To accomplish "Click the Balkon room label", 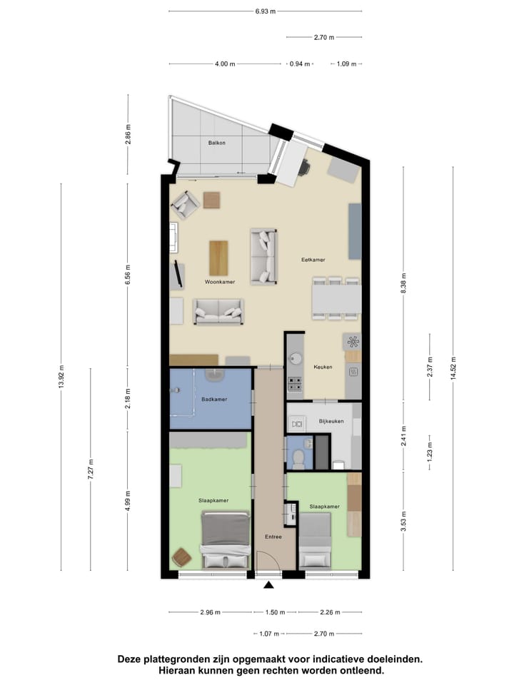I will [217, 143].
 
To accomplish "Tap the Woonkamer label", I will [220, 282].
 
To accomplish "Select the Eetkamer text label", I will [313, 260].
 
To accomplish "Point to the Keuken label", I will [323, 367].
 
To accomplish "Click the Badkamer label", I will [214, 399].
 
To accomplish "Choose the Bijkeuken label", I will [331, 421].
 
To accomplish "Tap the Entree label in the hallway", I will [273, 537].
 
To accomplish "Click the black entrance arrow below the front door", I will [268, 586].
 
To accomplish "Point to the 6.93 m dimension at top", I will [265, 11].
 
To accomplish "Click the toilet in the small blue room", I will [298, 457].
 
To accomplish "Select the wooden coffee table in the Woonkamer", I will [218, 258].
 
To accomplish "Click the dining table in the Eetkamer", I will [336, 298].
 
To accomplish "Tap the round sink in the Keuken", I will [294, 357].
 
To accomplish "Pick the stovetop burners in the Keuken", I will [294, 385].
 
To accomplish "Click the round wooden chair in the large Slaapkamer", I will [183, 555].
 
